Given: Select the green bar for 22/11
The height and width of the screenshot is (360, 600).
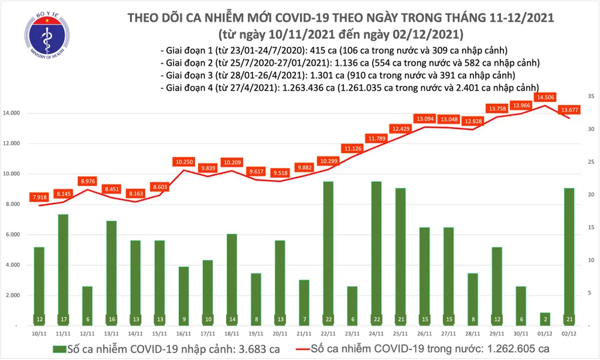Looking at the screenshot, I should click(328, 252).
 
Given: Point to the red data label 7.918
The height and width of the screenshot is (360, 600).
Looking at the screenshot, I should click(39, 197).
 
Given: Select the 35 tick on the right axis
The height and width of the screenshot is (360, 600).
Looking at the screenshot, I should click(590, 96).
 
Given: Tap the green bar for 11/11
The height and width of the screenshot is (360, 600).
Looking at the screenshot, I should click(62, 264).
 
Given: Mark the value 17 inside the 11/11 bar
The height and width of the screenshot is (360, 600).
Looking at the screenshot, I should click(62, 318).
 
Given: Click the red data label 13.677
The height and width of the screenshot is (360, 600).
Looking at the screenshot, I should click(569, 110).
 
